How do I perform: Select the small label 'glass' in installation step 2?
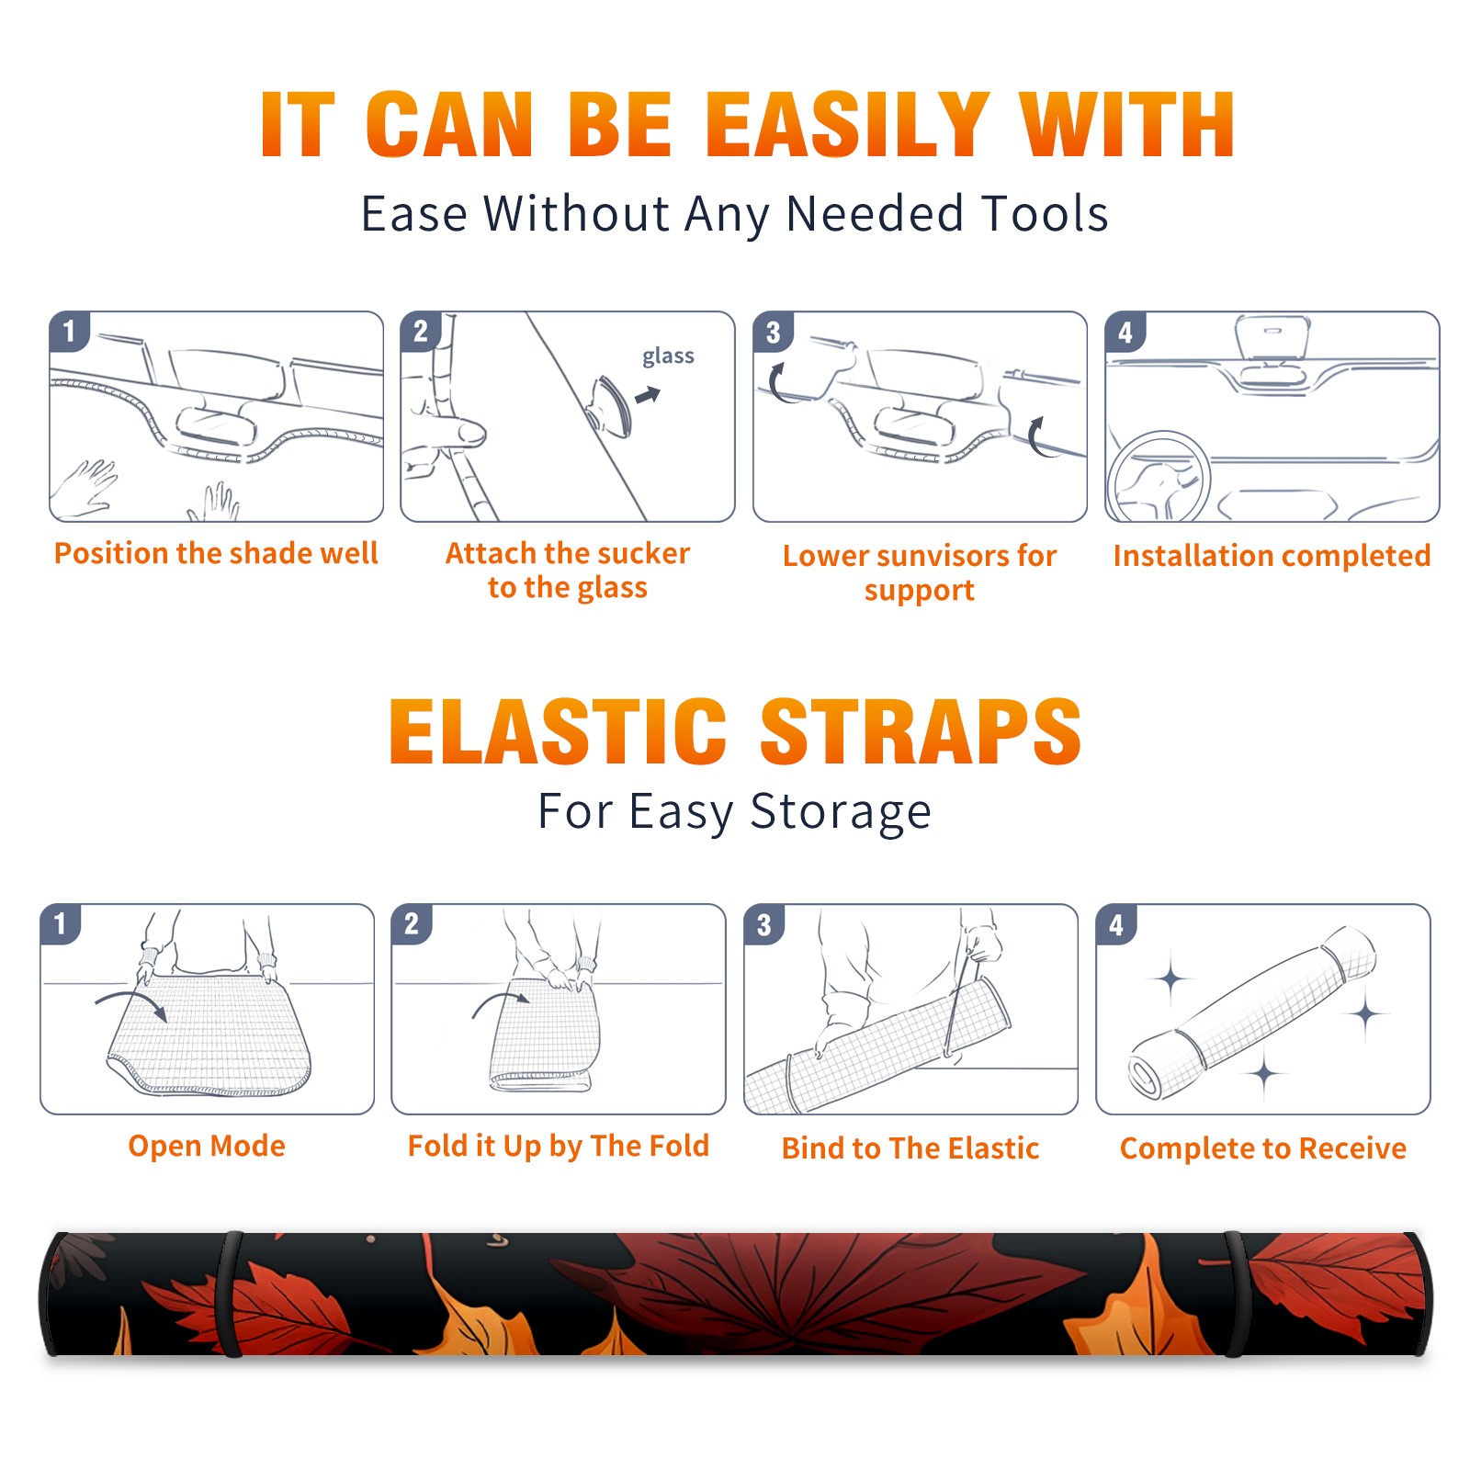click(668, 356)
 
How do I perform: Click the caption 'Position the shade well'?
click(216, 553)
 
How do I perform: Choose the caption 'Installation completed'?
click(1272, 556)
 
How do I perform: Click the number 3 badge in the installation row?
click(773, 332)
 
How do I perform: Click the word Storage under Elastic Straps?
click(841, 812)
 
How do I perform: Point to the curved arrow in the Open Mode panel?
click(130, 1003)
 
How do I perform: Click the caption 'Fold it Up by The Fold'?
click(559, 1146)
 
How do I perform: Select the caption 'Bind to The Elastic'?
click(910, 1148)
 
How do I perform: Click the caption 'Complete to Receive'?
click(1263, 1148)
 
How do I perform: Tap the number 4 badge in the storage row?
click(1116, 924)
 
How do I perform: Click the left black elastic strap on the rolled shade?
click(229, 1294)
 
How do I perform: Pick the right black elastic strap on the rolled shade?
click(1237, 1294)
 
